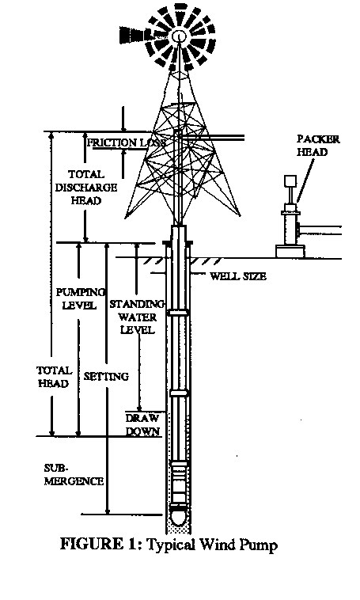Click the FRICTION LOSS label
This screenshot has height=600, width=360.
point(127,142)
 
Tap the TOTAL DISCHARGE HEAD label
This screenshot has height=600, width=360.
point(86,188)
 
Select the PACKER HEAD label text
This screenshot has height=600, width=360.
point(318,146)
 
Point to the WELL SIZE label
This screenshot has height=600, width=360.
point(238,276)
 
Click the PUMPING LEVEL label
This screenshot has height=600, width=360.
point(80,299)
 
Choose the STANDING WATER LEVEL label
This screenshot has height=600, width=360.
point(137,317)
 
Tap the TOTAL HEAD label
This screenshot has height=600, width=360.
point(54,377)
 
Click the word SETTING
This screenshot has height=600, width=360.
point(106,377)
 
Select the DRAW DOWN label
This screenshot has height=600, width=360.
point(142,425)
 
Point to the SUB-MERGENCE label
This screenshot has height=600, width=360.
point(74,474)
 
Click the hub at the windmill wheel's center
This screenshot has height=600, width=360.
point(179,36)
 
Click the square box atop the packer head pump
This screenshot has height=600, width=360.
point(290,181)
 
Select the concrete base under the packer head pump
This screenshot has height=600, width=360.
point(290,252)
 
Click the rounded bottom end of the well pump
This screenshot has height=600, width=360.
point(179,517)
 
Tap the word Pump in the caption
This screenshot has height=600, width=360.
point(259,545)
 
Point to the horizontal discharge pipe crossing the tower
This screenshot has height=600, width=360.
point(210,137)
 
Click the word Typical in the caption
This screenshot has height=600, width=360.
point(172,545)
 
